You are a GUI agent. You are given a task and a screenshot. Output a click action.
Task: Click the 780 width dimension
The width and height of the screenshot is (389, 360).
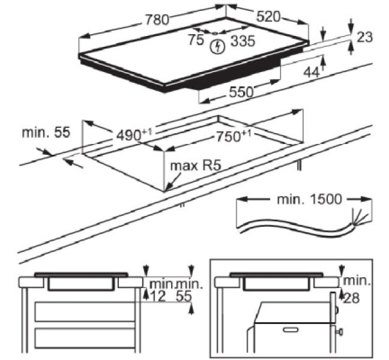point(157,19)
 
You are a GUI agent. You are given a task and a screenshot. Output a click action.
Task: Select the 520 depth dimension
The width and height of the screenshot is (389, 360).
point(268,17)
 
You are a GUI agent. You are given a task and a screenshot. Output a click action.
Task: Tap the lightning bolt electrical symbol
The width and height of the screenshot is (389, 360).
point(218,47)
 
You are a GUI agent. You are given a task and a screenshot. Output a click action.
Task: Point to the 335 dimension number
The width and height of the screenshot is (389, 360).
point(243,41)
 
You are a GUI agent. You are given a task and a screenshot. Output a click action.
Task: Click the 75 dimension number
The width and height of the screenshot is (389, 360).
point(196,39)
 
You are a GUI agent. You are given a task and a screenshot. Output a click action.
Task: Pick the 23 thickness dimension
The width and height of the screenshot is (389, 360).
point(365,37)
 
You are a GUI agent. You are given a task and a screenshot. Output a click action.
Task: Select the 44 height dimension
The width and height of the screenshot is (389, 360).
point(311,73)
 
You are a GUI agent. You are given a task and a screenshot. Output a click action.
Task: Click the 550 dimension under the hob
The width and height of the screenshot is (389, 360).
point(241,92)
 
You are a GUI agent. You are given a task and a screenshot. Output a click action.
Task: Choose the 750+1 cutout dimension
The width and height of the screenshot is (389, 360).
point(234,136)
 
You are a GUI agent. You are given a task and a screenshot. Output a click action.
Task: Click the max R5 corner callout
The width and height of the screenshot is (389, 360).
point(196,166)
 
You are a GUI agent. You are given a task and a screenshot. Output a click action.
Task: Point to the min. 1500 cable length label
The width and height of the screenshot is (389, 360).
point(309,199)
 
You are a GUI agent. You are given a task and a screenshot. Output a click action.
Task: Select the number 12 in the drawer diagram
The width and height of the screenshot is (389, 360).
point(158,297)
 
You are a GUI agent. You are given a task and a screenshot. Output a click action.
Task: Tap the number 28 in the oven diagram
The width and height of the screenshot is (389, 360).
point(351,298)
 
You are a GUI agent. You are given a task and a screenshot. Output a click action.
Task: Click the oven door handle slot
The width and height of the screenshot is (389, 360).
point(291,330)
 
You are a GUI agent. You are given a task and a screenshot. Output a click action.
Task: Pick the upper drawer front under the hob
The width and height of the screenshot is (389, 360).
point(85,311)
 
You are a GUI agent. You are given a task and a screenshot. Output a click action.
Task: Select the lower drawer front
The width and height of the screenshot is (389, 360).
point(85,338)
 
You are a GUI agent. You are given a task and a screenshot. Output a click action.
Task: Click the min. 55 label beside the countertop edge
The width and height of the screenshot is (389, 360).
point(46,133)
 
